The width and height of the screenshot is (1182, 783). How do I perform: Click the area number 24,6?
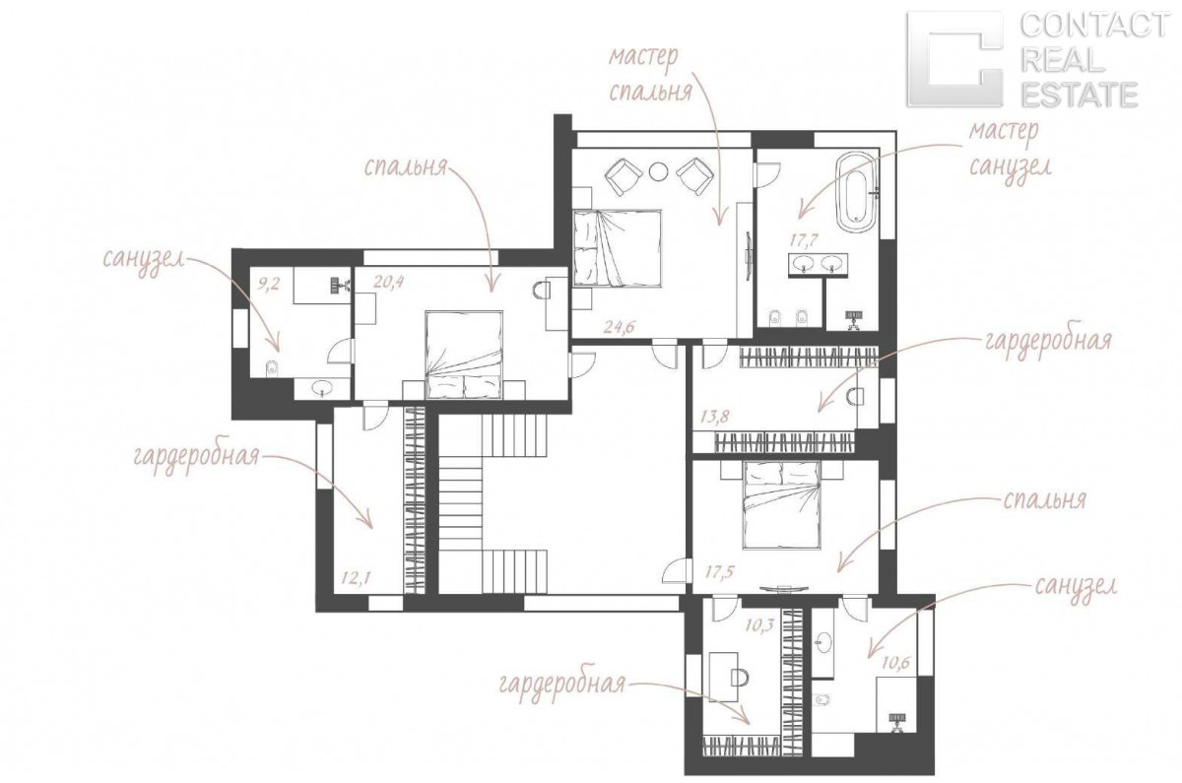[619, 326]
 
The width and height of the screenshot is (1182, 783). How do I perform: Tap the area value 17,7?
[804, 240]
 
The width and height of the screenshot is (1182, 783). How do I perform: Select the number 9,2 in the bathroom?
[268, 285]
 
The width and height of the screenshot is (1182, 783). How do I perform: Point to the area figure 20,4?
[388, 282]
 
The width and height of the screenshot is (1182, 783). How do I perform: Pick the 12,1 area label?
[356, 578]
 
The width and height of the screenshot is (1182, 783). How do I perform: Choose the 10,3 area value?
[758, 625]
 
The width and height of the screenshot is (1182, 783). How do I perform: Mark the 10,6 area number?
[895, 663]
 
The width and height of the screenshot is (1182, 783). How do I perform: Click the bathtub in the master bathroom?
[856, 192]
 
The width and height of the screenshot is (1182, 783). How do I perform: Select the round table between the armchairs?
[658, 171]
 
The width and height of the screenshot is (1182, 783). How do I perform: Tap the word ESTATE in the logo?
[1079, 95]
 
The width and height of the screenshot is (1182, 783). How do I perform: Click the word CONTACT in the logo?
[1093, 26]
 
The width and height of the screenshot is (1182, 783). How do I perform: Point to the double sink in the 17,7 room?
[819, 265]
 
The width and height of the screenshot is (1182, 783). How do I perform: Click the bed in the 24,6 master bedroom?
[618, 248]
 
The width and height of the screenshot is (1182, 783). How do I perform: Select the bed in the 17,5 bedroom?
[782, 505]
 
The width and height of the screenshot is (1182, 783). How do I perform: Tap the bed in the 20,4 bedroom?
[464, 356]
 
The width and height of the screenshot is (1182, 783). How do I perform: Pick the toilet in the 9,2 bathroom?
[272, 367]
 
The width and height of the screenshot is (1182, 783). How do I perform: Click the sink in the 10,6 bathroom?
[823, 643]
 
